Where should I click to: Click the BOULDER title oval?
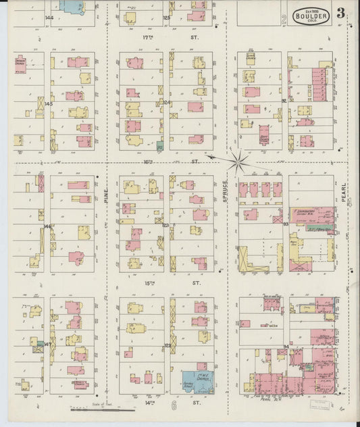[311, 15]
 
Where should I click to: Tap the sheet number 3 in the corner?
[342, 13]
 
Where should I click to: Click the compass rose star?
[238, 160]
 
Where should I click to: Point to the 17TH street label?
[149, 39]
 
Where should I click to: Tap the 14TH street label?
[149, 403]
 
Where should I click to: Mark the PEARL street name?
[351, 196]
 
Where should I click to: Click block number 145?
[48, 103]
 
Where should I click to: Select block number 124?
[166, 103]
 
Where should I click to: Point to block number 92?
[284, 101]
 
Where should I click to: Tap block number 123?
[165, 224]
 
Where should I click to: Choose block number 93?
[285, 224]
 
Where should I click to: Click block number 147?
[47, 344]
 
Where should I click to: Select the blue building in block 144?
[70, 5]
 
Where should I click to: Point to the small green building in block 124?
[159, 145]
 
